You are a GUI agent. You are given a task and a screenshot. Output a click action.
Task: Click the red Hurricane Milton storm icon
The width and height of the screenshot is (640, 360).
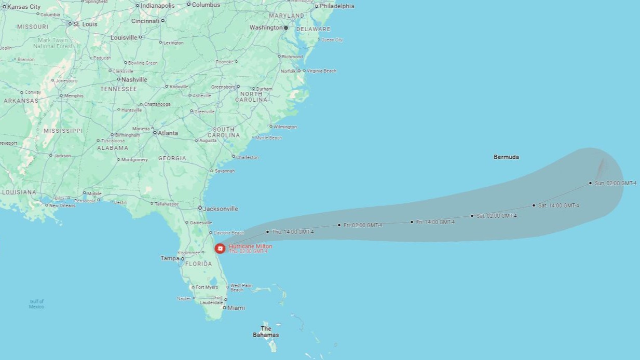(220, 248)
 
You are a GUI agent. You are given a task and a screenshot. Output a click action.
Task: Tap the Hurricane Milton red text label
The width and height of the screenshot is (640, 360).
(250, 246)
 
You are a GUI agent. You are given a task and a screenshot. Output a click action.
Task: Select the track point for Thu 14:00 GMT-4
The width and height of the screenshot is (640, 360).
(267, 232)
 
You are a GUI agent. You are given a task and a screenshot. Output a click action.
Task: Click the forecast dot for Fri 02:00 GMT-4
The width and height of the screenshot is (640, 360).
(339, 225)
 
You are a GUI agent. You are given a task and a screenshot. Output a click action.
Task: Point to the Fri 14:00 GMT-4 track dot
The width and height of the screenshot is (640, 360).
(412, 222)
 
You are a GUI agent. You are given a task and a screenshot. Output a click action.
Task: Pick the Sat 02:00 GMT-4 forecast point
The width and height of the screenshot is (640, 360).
(472, 216)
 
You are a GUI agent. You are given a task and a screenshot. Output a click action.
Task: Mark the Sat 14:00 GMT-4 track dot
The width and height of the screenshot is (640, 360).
(534, 205)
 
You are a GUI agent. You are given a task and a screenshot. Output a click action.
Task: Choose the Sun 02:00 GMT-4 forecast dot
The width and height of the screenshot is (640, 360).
(590, 183)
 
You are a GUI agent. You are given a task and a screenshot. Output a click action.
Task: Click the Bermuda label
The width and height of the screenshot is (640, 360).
(506, 157)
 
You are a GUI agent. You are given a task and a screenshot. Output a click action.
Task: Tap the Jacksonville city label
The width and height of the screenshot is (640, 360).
(221, 209)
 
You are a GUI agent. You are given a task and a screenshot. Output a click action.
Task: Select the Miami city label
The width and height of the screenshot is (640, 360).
(236, 308)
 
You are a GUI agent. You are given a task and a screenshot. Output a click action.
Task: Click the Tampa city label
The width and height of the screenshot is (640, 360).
(170, 258)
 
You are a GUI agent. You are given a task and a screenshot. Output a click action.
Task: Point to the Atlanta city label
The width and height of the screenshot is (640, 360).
(168, 133)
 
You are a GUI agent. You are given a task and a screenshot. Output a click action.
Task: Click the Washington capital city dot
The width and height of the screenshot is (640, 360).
(285, 27)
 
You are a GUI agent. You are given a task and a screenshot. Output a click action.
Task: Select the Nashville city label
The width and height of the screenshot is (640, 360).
(134, 79)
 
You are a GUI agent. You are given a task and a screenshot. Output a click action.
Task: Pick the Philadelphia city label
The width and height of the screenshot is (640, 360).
(337, 6)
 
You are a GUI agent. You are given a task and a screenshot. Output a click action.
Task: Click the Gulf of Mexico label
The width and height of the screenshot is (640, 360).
(36, 304)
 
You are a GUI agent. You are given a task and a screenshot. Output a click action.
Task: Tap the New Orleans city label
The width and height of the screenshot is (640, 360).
(62, 205)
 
